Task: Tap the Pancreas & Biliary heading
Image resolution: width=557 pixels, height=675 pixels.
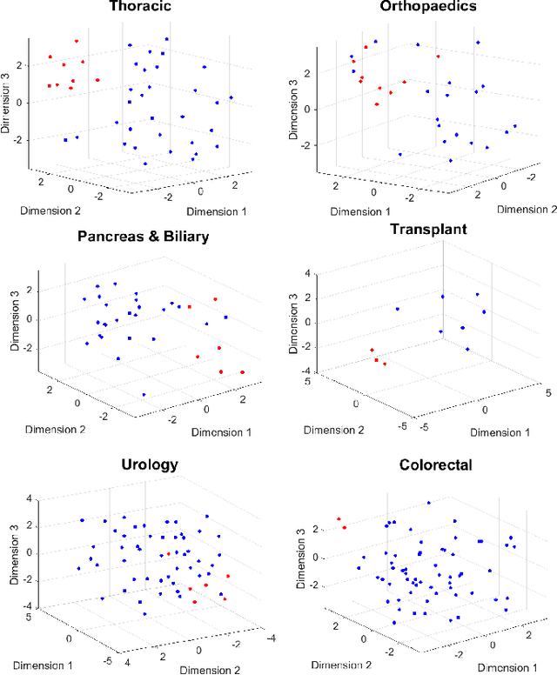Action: point(143,237)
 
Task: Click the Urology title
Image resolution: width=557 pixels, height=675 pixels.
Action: point(150,464)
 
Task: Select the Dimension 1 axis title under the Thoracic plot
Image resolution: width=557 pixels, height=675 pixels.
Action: point(210,211)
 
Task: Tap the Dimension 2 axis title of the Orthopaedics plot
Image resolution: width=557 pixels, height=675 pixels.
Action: point(527,210)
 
